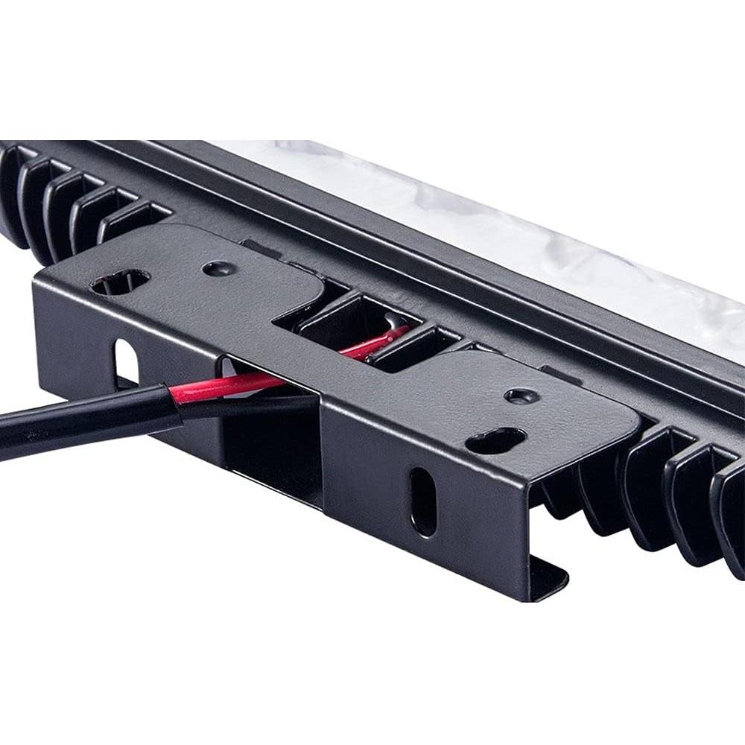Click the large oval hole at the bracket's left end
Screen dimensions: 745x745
[x=120, y=281]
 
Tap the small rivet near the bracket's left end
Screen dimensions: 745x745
[x=219, y=268]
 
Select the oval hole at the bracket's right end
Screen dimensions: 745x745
[x=495, y=440]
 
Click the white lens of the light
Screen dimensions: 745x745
[x=521, y=223]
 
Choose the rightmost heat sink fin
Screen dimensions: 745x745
[x=729, y=514]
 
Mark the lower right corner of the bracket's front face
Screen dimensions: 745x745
[x=530, y=596]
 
